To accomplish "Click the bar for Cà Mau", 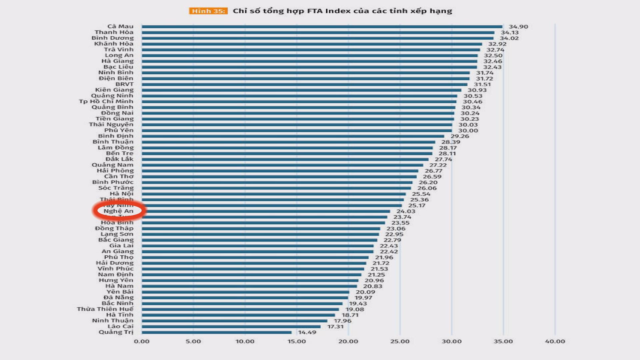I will pyautogui.click(x=322, y=27).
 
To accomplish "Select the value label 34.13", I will pyautogui.click(x=510, y=32).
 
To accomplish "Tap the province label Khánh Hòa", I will pyautogui.click(x=114, y=44).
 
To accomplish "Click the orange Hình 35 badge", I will pyautogui.click(x=208, y=11).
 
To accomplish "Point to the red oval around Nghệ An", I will pyautogui.click(x=119, y=211).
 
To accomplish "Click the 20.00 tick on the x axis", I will pyautogui.click(x=348, y=341).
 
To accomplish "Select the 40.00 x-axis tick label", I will pyautogui.click(x=555, y=341).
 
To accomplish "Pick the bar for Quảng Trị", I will pyautogui.click(x=217, y=332).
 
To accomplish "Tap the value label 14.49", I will pyautogui.click(x=307, y=332).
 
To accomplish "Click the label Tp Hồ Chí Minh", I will pyautogui.click(x=106, y=101).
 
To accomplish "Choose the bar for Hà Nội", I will pyautogui.click(x=273, y=194).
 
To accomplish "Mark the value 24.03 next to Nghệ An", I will pyautogui.click(x=406, y=211).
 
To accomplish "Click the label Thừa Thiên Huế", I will pyautogui.click(x=105, y=309).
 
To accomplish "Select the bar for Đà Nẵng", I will pyautogui.click(x=245, y=298).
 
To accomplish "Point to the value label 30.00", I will pyautogui.click(x=468, y=131).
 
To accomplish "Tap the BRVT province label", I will pyautogui.click(x=124, y=84).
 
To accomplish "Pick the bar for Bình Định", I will pyautogui.click(x=293, y=136).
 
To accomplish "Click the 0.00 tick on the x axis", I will pyautogui.click(x=142, y=341).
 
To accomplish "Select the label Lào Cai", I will pyautogui.click(x=120, y=326).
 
